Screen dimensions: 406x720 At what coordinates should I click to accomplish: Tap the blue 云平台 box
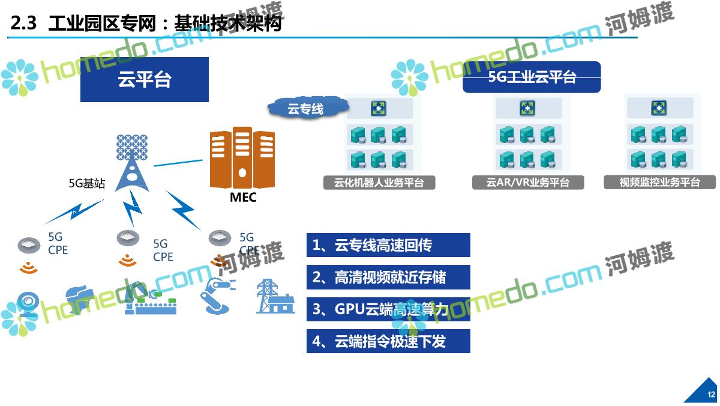tap(145, 79)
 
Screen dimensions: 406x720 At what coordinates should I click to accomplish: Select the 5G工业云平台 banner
tap(532, 77)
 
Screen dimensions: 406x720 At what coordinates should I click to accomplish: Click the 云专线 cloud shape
tap(306, 109)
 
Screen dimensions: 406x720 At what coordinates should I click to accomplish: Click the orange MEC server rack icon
tap(242, 159)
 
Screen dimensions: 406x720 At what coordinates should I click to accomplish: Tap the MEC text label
tap(243, 198)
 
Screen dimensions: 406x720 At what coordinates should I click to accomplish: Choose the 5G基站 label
tap(87, 184)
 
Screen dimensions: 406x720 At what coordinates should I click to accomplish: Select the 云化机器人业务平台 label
tap(379, 183)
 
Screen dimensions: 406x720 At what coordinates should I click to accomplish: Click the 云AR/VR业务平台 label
tap(528, 183)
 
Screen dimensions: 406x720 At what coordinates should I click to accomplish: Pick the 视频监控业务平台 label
tap(659, 183)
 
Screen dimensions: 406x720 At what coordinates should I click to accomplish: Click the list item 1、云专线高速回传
tap(388, 245)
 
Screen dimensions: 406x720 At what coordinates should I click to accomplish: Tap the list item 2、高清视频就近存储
tap(388, 277)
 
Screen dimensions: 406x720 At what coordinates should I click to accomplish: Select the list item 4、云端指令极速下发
tap(388, 342)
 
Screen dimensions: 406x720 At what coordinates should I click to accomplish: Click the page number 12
tap(711, 395)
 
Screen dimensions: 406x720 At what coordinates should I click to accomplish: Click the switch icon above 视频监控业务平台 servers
tap(659, 108)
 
